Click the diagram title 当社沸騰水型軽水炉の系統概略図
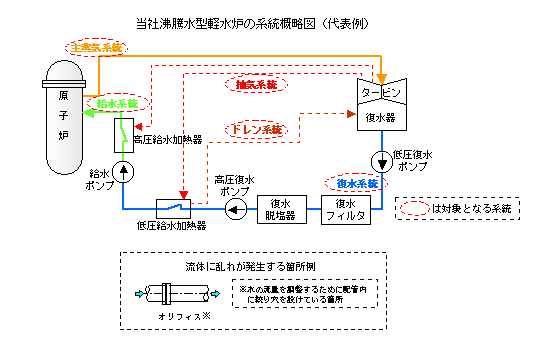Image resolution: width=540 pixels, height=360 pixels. (x=270, y=21)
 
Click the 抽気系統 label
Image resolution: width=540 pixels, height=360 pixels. (x=255, y=84)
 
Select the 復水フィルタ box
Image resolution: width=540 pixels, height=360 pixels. (x=349, y=208)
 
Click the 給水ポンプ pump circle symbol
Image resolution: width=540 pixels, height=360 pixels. (x=122, y=171)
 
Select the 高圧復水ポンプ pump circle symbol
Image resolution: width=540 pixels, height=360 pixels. (x=235, y=208)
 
